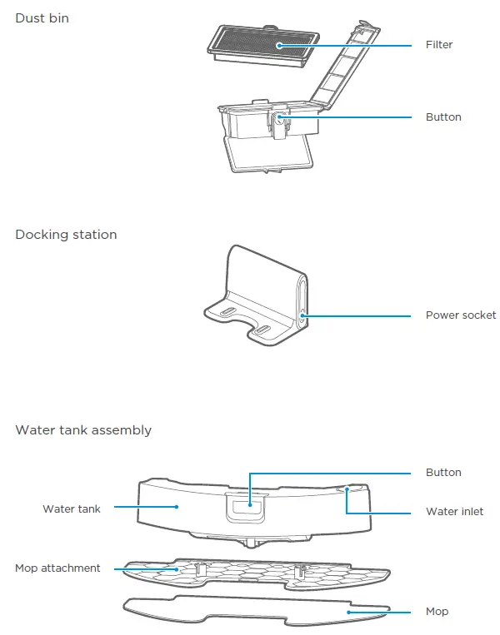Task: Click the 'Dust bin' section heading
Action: click(x=42, y=17)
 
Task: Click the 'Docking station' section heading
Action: click(x=66, y=235)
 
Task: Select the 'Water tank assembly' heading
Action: click(x=83, y=430)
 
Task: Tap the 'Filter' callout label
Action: click(x=439, y=45)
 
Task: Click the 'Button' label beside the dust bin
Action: click(x=443, y=117)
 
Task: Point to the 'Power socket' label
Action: click(x=460, y=315)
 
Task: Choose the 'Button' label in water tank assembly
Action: click(x=443, y=473)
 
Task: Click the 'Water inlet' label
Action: click(x=454, y=512)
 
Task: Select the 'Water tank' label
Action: click(x=72, y=508)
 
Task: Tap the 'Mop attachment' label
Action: click(x=57, y=568)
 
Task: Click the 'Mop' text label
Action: click(x=437, y=612)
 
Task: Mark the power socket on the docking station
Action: click(x=302, y=315)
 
